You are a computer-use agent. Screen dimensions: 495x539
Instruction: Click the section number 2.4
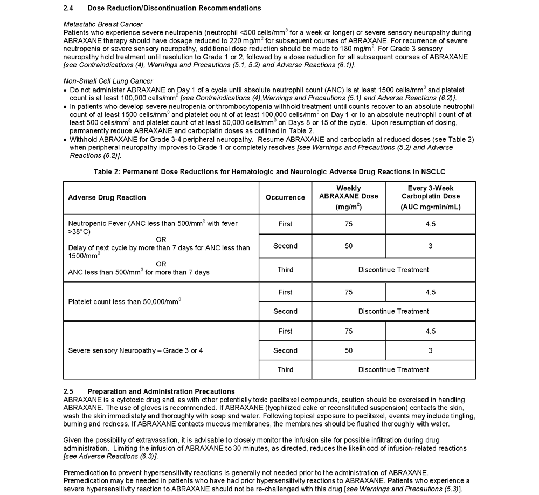pos(68,8)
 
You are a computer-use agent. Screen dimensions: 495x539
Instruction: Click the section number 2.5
pos(68,391)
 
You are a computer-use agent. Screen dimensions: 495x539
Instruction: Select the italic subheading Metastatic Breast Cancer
pos(103,24)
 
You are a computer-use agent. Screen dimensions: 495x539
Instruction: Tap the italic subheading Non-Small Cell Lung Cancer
pos(108,81)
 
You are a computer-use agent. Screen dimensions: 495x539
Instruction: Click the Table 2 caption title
pos(269,171)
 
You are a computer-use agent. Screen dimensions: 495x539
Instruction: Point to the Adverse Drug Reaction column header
pos(107,197)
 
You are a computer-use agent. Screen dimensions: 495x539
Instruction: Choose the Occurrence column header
pos(285,197)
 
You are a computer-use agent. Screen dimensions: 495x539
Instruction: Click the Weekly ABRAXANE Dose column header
pos(349,197)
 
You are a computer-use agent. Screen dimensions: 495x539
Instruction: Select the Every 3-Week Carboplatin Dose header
pos(430,197)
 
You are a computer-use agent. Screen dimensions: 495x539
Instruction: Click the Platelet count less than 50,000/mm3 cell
pos(125,301)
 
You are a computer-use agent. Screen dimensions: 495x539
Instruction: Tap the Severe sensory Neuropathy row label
pos(135,350)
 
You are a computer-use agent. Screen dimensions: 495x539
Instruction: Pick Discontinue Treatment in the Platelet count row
pos(393,311)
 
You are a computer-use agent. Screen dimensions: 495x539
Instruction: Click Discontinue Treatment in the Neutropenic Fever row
pos(393,270)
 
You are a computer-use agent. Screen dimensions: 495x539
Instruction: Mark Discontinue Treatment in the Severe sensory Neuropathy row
pos(393,369)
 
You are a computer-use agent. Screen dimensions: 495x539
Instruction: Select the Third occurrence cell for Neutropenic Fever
pos(285,270)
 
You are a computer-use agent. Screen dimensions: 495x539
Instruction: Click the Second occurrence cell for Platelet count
pos(285,311)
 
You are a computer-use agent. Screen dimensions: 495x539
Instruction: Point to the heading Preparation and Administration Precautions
pos(161,391)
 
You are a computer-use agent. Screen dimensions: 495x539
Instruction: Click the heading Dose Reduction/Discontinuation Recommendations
pos(174,8)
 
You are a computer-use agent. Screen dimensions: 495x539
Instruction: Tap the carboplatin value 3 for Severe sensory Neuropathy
pos(430,350)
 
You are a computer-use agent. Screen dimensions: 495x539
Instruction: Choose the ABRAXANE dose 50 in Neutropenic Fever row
pos(349,246)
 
